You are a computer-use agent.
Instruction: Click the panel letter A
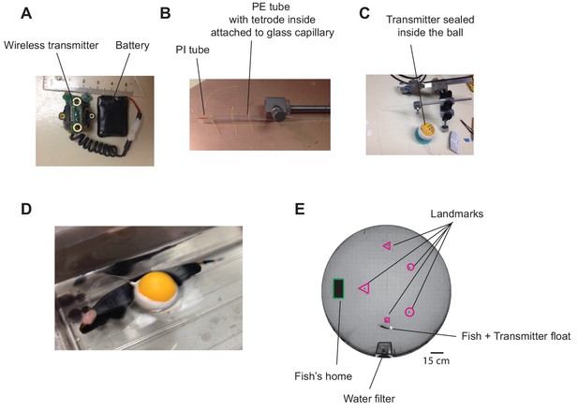tap(26, 14)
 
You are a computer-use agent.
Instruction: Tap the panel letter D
tap(26, 209)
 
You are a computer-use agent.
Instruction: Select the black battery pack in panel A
tap(112, 115)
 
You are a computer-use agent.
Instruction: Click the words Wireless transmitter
tap(52, 45)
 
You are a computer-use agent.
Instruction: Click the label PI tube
tap(192, 50)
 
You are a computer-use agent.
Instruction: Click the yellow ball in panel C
tap(428, 129)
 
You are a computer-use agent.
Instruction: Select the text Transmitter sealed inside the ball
tap(430, 25)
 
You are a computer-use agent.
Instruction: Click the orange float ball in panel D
tap(158, 287)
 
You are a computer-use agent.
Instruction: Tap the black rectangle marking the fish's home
tap(338, 288)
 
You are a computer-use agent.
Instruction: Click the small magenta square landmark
tap(387, 320)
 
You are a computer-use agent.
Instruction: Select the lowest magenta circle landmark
tap(409, 312)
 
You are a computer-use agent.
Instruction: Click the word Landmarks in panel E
tap(457, 213)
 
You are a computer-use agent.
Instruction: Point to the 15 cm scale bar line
tap(437, 353)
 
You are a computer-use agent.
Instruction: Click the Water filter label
tap(369, 399)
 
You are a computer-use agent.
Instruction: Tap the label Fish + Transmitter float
tap(516, 336)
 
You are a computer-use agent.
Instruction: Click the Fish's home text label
tap(323, 376)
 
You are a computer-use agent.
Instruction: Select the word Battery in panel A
tap(132, 45)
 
